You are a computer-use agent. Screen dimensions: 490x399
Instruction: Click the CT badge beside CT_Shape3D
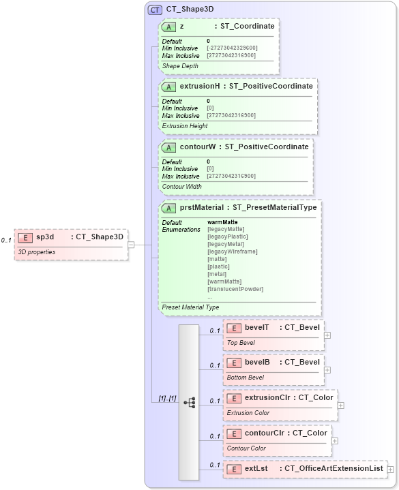pyautogui.click(x=155, y=10)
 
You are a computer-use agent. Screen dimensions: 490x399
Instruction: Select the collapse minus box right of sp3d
pyautogui.click(x=130, y=245)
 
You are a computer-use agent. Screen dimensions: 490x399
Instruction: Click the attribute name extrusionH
pyautogui.click(x=199, y=87)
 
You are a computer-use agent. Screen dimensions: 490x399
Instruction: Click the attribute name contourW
pyautogui.click(x=198, y=147)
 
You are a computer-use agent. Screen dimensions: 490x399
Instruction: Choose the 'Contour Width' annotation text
pyautogui.click(x=182, y=186)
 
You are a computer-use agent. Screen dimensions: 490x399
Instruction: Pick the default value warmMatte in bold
pyautogui.click(x=222, y=222)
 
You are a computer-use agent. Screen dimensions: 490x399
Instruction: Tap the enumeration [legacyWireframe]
pyautogui.click(x=233, y=251)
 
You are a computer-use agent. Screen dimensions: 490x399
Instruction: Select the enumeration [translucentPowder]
pyautogui.click(x=235, y=289)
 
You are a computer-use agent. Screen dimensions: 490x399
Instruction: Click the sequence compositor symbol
pyautogui.click(x=189, y=402)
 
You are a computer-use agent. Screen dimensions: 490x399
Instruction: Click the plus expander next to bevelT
pyautogui.click(x=328, y=335)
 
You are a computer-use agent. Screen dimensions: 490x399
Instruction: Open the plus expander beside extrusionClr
pyautogui.click(x=340, y=405)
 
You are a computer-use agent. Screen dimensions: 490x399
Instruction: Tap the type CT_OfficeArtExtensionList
pyautogui.click(x=334, y=468)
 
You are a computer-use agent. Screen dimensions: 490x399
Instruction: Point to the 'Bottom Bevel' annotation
pyautogui.click(x=246, y=377)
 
